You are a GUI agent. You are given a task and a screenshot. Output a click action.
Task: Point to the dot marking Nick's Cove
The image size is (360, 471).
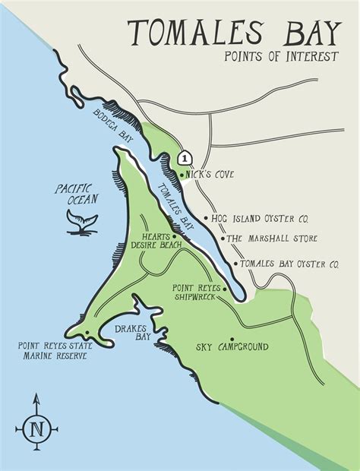(x=182, y=175)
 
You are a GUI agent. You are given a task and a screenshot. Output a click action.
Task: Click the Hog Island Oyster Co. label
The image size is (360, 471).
(x=264, y=218)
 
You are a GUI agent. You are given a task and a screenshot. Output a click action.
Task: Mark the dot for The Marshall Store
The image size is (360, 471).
(x=223, y=239)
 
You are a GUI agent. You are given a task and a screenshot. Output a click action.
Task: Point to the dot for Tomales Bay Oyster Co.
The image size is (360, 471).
(x=236, y=264)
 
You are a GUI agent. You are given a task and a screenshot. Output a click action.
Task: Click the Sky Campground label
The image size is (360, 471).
(x=232, y=347)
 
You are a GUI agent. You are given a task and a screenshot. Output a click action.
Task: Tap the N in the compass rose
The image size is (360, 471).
(x=36, y=428)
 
